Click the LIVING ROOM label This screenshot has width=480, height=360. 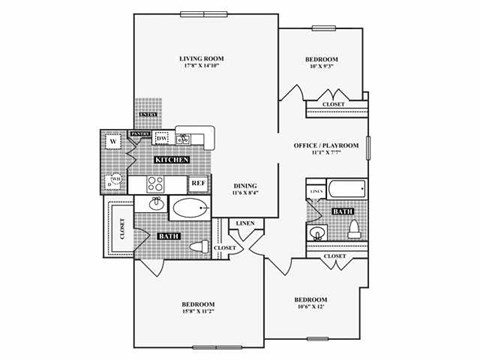(x=199, y=58)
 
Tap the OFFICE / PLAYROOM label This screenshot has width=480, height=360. (x=325, y=146)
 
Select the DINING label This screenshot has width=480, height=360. (x=246, y=186)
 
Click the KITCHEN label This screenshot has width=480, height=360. (x=171, y=160)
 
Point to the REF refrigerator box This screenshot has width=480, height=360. (x=198, y=184)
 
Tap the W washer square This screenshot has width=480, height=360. (x=114, y=141)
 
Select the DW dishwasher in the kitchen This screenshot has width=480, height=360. (x=175, y=139)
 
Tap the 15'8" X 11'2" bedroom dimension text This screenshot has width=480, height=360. (x=199, y=311)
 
